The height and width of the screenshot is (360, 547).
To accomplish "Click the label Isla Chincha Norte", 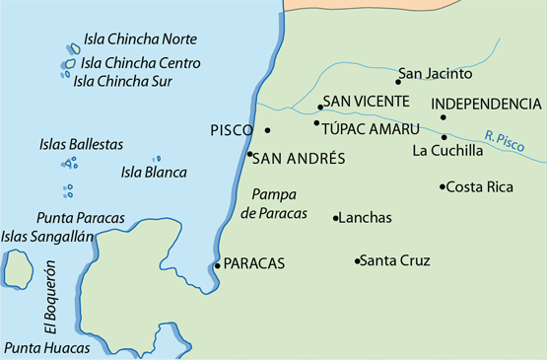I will tap(140, 39).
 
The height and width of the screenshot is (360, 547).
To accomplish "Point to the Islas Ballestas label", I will tap(82, 144).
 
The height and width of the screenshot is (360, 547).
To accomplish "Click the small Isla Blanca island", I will tap(156, 159).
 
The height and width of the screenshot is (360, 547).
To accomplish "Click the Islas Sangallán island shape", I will tap(17, 269).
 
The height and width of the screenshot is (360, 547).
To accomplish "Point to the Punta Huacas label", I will tap(46, 347).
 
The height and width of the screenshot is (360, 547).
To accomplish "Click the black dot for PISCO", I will tap(267, 129).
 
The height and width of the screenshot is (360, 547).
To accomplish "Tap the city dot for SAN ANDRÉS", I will tap(250, 155).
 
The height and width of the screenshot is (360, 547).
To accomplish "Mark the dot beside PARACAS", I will tap(218, 264).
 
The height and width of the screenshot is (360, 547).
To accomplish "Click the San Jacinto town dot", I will tap(398, 82).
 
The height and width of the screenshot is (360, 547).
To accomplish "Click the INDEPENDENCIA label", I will tap(487, 104).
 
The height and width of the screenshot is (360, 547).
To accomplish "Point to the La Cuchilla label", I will tap(447, 151).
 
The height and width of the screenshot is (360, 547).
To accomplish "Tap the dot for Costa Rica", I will tap(443, 186).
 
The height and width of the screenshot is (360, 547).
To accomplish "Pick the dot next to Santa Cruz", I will tap(357, 261).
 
